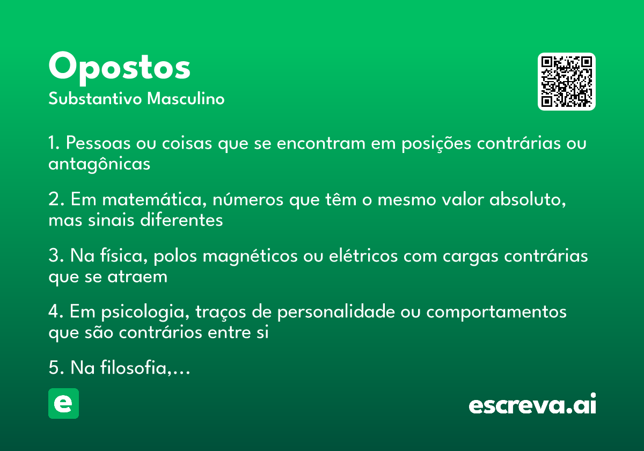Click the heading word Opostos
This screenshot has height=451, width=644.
point(119,68)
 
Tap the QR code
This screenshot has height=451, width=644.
point(566,82)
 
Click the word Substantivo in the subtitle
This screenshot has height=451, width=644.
point(95,99)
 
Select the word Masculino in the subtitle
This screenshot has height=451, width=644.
point(186,99)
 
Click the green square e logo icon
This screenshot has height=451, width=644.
point(63,403)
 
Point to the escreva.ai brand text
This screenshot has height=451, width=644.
point(532,403)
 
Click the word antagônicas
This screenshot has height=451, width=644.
point(99,164)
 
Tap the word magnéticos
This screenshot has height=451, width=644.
point(250,256)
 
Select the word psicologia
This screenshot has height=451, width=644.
point(145,312)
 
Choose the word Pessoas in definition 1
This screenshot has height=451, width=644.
point(98,143)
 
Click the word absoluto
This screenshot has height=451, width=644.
point(528,199)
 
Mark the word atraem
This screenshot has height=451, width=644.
point(137,277)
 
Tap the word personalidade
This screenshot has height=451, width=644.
point(336,312)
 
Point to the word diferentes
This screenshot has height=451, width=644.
point(181,220)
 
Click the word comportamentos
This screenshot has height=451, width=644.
point(496,312)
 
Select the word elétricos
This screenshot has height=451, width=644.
point(363,256)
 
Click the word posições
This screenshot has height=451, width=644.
point(436,143)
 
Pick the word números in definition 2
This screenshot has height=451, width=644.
point(248,199)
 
